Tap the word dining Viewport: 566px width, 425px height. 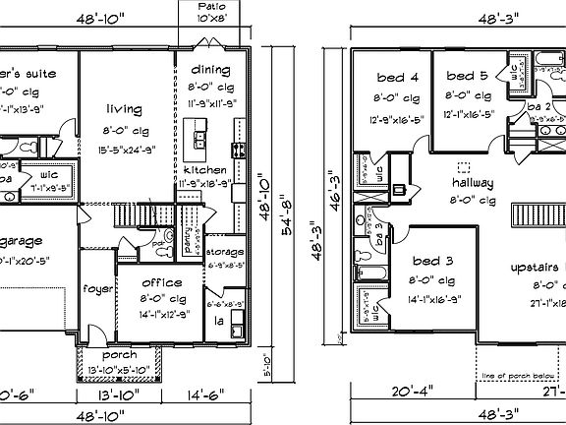point(209,70)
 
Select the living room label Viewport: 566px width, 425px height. point(125,109)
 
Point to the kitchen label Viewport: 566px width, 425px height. point(203,169)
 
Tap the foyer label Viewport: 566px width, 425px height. point(96,289)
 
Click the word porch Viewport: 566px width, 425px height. point(112,356)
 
